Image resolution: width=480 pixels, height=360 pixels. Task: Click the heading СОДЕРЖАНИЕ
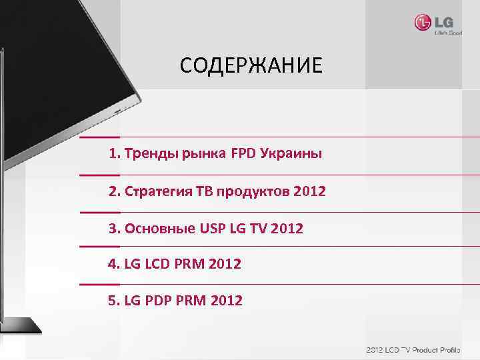(251, 65)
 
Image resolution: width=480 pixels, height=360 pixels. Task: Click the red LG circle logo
(423, 23)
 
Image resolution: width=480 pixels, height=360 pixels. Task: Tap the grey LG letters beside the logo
(443, 22)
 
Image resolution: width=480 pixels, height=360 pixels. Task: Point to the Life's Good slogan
(448, 32)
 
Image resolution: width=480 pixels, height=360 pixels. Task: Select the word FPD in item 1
(245, 154)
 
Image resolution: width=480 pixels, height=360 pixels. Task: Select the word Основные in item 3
(157, 229)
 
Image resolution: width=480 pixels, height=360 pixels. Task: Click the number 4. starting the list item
(114, 265)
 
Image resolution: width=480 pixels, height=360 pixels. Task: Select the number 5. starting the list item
(114, 301)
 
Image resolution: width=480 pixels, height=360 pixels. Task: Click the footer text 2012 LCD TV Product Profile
(421, 350)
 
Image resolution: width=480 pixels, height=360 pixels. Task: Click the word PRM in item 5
(189, 301)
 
